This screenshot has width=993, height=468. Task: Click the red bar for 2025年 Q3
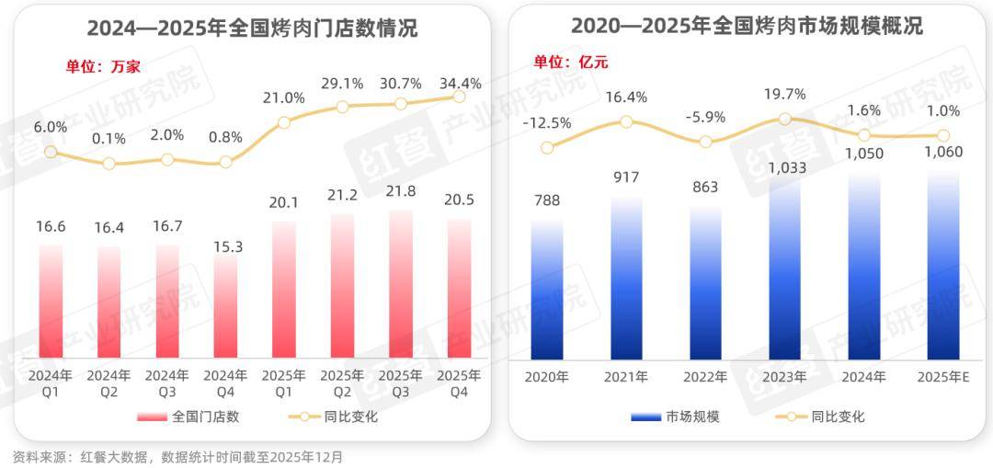pyautogui.click(x=401, y=285)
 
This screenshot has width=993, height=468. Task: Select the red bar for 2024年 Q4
pyautogui.click(x=225, y=307)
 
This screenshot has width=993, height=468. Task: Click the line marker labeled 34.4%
pyautogui.click(x=460, y=97)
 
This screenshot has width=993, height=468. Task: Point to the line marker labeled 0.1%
pyautogui.click(x=109, y=164)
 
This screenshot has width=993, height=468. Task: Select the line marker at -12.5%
pyautogui.click(x=547, y=147)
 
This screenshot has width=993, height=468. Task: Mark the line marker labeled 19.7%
pyautogui.click(x=784, y=119)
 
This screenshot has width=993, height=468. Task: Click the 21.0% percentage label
pyautogui.click(x=284, y=98)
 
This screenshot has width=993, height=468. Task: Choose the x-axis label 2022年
pyautogui.click(x=705, y=377)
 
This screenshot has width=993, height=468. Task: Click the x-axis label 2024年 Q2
pyautogui.click(x=109, y=383)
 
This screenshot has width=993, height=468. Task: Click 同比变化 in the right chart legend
pyautogui.click(x=838, y=417)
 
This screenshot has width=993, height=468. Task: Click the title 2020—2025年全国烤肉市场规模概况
pyautogui.click(x=747, y=27)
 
